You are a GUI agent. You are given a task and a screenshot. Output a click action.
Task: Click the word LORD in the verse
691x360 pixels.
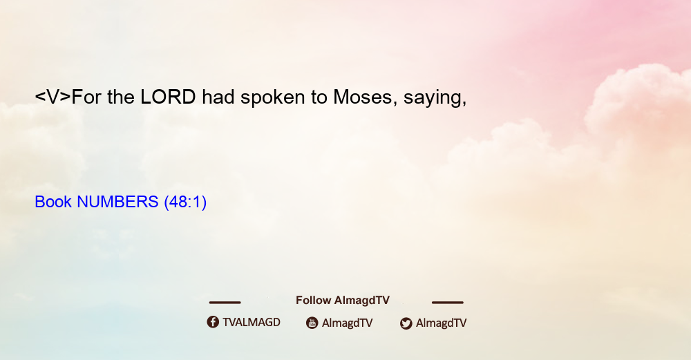click(168, 97)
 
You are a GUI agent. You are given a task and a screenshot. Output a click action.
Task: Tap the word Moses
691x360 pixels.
click(362, 97)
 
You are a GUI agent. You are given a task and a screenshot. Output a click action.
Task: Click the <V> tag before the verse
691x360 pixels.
click(53, 97)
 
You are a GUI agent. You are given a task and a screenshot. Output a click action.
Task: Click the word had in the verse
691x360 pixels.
click(218, 97)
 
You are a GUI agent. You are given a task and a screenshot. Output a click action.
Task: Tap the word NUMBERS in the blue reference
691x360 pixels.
click(117, 202)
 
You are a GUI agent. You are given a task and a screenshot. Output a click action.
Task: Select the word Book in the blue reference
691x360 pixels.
click(53, 202)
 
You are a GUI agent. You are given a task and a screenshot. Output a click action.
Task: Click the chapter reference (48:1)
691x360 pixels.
click(185, 202)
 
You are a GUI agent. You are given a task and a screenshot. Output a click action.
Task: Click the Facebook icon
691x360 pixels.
click(213, 322)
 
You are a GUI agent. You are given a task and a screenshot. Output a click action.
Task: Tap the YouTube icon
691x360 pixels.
click(312, 323)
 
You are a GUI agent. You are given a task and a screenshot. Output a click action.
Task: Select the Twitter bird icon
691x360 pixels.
click(406, 323)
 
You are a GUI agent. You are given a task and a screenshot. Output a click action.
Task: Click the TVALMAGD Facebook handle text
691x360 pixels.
click(252, 322)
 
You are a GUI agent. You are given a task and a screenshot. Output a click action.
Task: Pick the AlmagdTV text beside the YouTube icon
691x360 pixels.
click(348, 323)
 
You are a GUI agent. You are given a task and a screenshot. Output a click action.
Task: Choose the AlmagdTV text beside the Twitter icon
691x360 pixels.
click(441, 323)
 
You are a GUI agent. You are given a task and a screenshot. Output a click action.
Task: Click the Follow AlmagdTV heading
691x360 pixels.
click(343, 300)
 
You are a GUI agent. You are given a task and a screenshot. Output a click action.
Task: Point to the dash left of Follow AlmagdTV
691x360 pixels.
click(225, 302)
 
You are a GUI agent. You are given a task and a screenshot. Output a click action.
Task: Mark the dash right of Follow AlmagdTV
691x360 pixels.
click(448, 302)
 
